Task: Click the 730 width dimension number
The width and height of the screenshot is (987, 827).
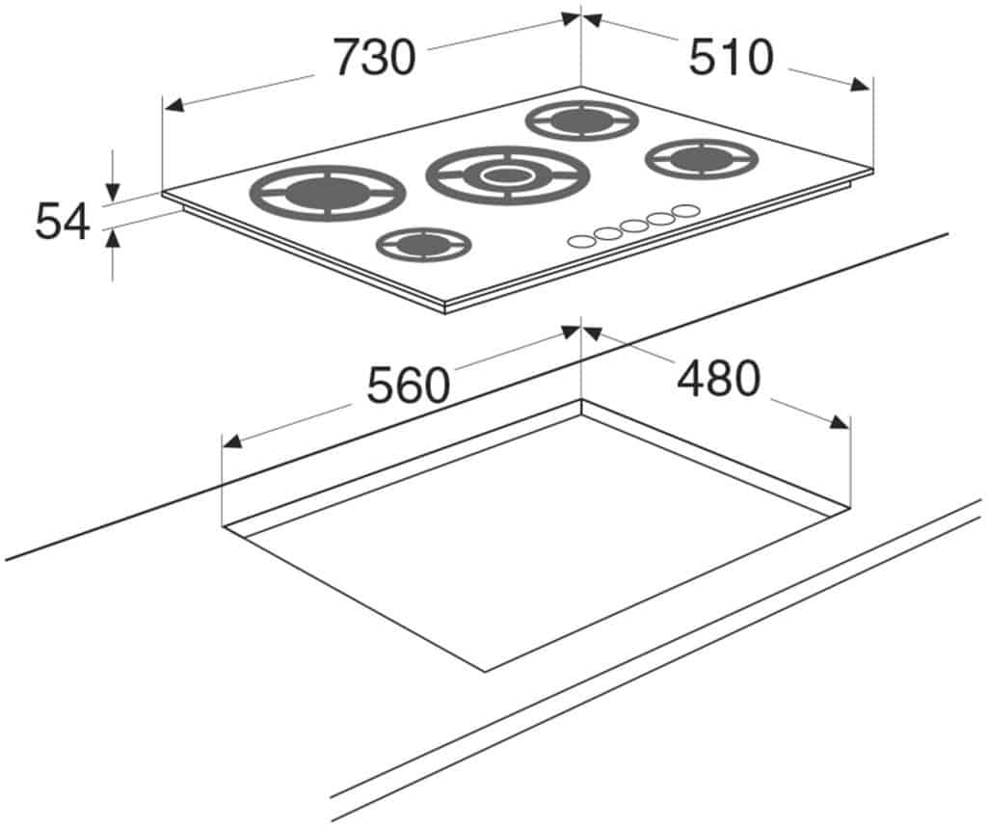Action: [x=375, y=57]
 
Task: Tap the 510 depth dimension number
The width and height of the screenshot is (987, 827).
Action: [x=731, y=57]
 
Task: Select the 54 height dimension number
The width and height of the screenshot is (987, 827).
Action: [x=63, y=221]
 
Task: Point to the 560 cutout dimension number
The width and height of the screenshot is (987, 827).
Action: [x=409, y=386]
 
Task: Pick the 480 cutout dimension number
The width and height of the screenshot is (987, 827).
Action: [x=719, y=378]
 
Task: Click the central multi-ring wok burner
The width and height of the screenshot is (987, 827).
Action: [x=507, y=175]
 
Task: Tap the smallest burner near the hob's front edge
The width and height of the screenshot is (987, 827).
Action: [x=424, y=244]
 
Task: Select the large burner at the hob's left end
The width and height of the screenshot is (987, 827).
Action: [x=328, y=193]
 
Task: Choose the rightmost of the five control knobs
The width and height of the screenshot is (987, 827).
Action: [x=685, y=211]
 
